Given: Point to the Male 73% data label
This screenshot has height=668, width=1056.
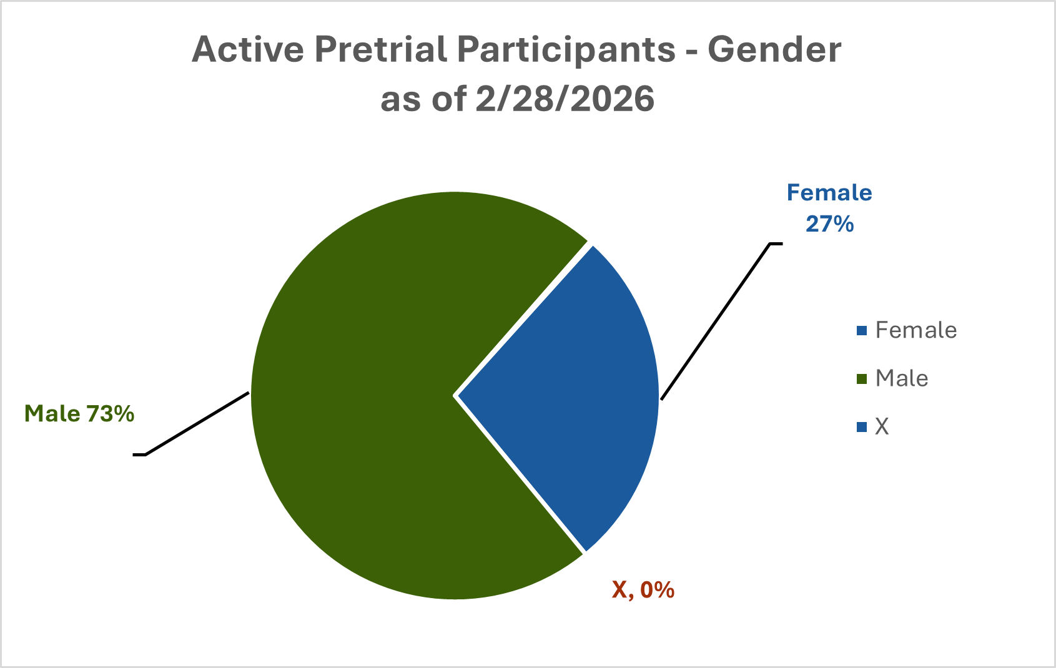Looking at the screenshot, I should pyautogui.click(x=79, y=413).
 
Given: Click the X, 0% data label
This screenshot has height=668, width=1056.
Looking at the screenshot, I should pyautogui.click(x=643, y=589).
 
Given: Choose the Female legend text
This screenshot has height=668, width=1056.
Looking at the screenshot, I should pyautogui.click(x=915, y=330).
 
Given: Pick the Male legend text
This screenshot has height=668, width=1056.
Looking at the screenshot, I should pyautogui.click(x=901, y=378).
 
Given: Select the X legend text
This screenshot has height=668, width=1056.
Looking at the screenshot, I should pyautogui.click(x=882, y=426).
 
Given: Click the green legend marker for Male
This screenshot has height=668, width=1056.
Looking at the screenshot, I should pyautogui.click(x=862, y=379).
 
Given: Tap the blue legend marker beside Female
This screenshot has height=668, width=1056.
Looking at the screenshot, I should pyautogui.click(x=862, y=330).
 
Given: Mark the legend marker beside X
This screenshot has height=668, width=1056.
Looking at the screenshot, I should pyautogui.click(x=862, y=427).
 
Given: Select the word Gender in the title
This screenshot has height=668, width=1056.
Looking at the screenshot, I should pyautogui.click(x=774, y=49).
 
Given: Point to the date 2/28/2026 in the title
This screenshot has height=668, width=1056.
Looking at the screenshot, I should pyautogui.click(x=565, y=99).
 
